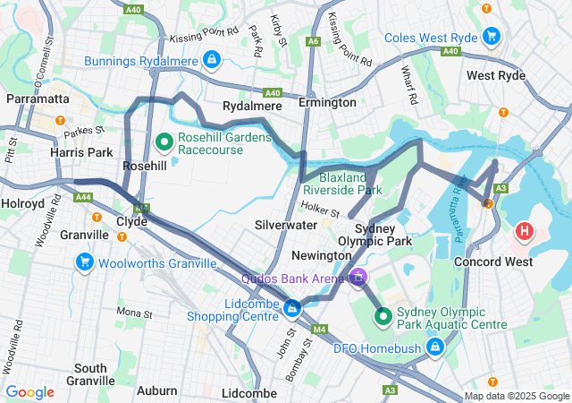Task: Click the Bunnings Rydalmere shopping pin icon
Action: pos(211,60)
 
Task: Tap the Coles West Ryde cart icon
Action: pos(491,37)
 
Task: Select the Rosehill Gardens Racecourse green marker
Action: pos(165,141)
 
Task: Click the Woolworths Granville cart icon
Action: pos(85,262)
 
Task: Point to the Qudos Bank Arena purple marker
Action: pos(358,278)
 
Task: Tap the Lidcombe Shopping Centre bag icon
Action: pos(292,309)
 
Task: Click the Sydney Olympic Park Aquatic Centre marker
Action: pos(383,316)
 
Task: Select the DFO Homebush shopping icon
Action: pos(434,347)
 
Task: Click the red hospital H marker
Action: pos(525,232)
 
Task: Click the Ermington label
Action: pos(327,102)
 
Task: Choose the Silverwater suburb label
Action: pos(287,225)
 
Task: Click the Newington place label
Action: pos(322,255)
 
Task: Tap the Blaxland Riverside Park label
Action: pos(342,184)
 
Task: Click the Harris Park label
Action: pos(80,152)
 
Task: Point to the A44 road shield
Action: pos(84,197)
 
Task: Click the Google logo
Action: pos(30,392)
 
